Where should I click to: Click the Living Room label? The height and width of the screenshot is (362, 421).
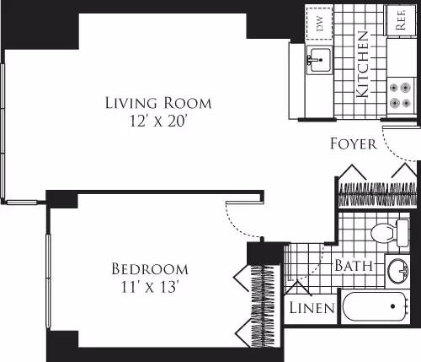(157, 103)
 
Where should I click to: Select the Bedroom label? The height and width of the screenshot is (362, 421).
(150, 269)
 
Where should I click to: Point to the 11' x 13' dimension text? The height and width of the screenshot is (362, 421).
(150, 286)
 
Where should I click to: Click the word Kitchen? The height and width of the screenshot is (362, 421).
(363, 65)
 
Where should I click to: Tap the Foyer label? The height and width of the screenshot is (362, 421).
(353, 143)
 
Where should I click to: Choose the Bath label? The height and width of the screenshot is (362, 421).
(354, 266)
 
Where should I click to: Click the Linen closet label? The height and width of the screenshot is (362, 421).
(312, 308)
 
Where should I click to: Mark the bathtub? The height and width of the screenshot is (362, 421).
(378, 305)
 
